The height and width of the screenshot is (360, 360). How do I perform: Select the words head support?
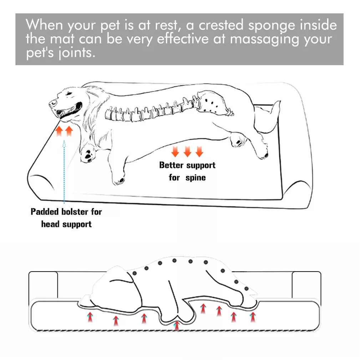click(66, 224)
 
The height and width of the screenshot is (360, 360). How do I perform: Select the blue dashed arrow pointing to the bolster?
click(64, 171)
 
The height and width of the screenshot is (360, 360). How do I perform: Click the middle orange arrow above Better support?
click(187, 152)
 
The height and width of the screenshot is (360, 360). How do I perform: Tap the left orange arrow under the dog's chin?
click(60, 131)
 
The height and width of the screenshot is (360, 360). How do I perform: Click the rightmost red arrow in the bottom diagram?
click(253, 316)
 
